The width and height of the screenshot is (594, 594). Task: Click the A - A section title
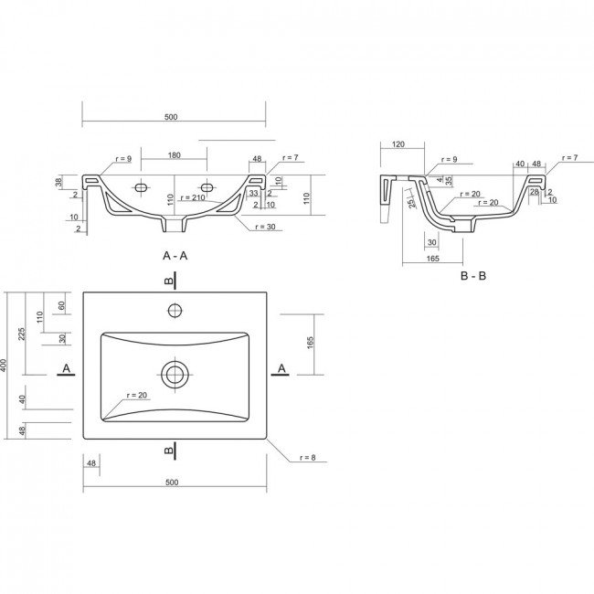175,256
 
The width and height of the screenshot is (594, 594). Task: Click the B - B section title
473,276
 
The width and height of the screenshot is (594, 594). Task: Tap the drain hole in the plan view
175,375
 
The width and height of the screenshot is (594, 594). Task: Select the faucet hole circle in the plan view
175,311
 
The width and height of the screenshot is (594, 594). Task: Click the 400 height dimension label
4,366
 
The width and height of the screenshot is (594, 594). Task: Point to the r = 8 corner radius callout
308,457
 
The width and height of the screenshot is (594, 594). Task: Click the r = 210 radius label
193,197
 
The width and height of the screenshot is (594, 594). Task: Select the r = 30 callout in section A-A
265,227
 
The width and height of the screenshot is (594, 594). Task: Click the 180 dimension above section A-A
174,155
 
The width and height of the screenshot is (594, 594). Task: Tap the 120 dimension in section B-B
398,144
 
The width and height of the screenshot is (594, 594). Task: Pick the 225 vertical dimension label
22,334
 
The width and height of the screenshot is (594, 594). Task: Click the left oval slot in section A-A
142,187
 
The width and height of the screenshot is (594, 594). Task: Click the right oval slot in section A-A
207,187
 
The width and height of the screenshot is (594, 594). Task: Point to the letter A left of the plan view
67,368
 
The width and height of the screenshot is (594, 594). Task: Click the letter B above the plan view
168,281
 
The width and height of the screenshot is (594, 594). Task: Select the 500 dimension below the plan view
172,483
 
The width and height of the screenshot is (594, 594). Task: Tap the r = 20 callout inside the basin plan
137,395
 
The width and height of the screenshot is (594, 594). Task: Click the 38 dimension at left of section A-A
58,183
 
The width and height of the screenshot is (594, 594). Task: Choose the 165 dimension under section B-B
432,259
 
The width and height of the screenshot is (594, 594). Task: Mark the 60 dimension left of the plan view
62,305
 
